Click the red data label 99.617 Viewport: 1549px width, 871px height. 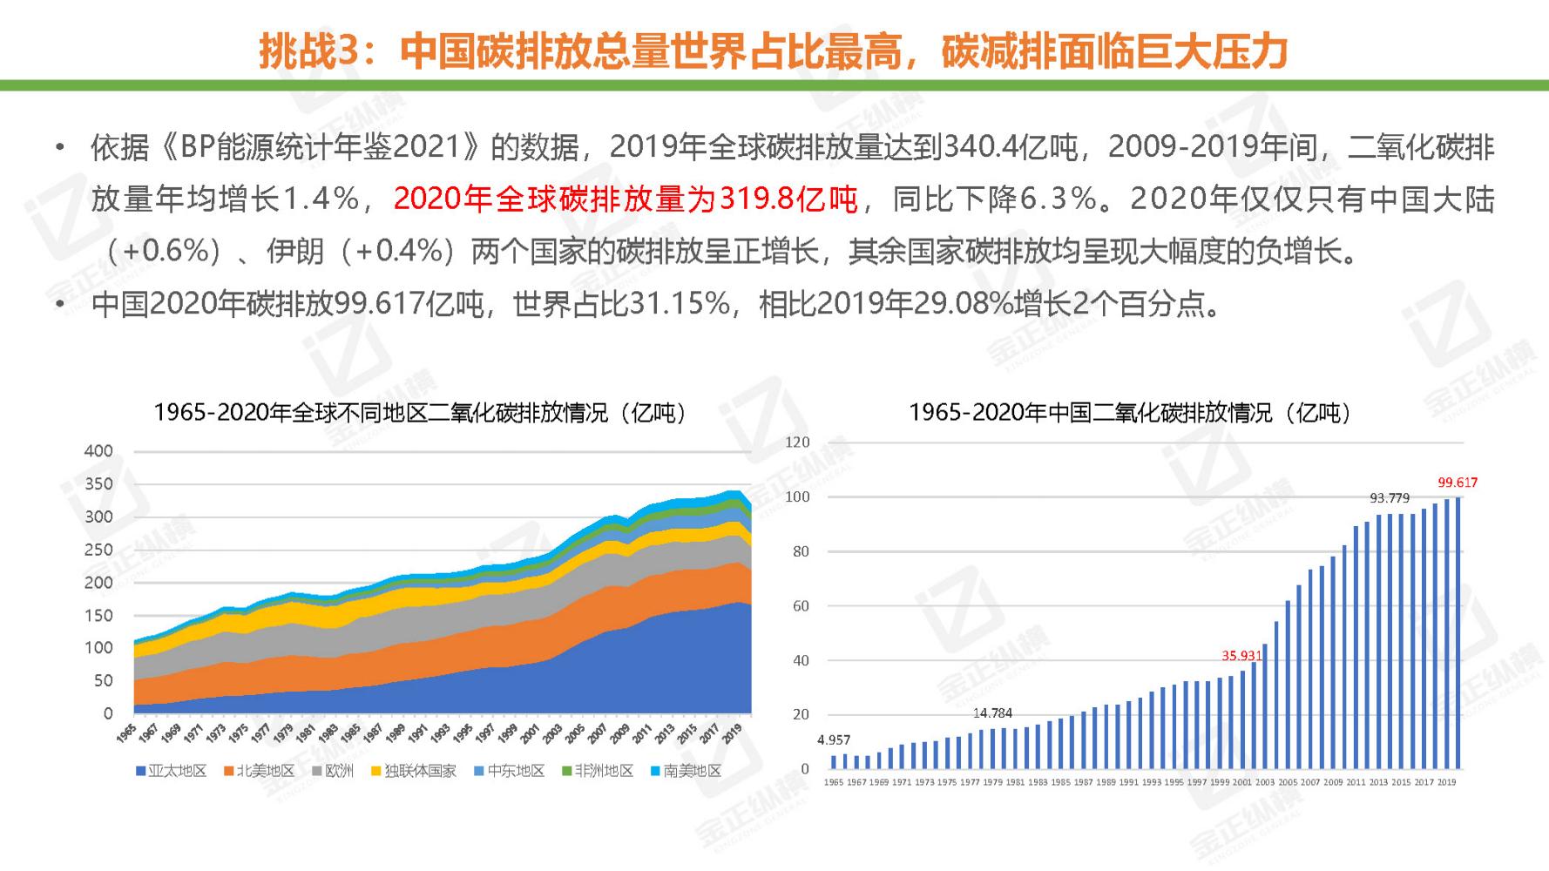coord(1457,482)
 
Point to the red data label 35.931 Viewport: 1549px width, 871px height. coord(1241,655)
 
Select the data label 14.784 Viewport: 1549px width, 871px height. coord(992,712)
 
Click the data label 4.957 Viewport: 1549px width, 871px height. coord(833,739)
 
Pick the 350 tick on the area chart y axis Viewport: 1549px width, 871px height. coord(98,483)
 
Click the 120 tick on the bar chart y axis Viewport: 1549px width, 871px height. coord(796,442)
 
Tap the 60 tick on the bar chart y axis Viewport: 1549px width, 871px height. coord(800,605)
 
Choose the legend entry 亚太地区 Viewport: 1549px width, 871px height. coord(171,771)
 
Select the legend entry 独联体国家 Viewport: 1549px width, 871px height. coord(413,771)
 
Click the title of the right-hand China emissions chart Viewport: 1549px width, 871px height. coord(1129,412)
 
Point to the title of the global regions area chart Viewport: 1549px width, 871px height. coord(419,412)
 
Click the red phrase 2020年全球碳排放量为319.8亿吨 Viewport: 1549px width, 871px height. coord(626,199)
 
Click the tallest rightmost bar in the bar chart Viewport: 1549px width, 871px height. coord(1458,633)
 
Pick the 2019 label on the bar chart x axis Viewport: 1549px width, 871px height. coord(1446,782)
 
